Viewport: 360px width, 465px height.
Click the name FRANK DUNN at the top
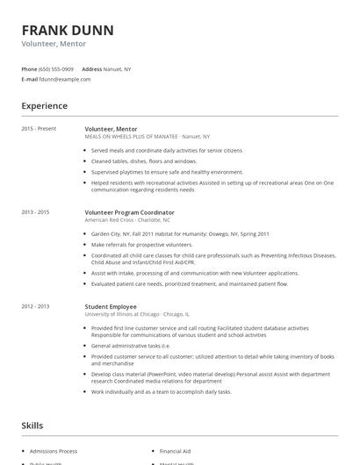(x=68, y=31)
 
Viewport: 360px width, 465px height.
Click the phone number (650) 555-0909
(x=56, y=68)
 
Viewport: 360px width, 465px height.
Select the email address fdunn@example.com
(x=65, y=79)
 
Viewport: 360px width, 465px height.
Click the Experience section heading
(x=45, y=106)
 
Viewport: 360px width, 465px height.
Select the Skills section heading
(x=32, y=426)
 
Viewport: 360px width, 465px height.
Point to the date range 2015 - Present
(x=39, y=129)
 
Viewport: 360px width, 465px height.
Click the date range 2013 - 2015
(x=35, y=212)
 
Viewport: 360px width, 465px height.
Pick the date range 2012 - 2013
(x=35, y=306)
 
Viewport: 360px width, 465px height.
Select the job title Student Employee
(x=110, y=306)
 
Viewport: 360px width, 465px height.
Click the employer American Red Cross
(x=109, y=220)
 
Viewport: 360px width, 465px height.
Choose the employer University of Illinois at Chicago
(x=122, y=313)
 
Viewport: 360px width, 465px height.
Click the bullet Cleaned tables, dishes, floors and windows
(x=144, y=161)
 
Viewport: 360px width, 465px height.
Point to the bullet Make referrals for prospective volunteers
(x=141, y=245)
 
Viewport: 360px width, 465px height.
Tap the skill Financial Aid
(x=176, y=450)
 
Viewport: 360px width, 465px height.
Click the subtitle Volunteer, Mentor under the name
(x=53, y=44)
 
